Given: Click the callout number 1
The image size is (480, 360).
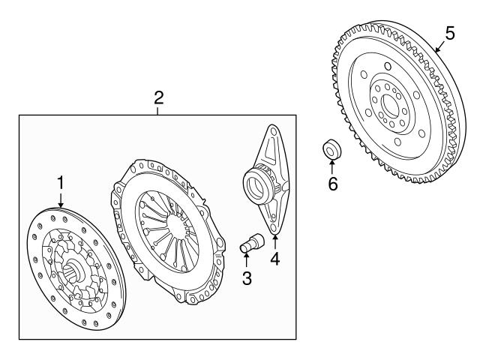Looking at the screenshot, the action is [x=61, y=183].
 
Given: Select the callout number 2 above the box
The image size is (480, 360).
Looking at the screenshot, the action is [x=158, y=98].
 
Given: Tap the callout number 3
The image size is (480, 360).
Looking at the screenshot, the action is [x=247, y=278].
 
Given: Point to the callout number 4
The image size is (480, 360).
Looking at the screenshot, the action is [x=275, y=259].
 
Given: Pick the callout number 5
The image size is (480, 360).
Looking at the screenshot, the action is [x=450, y=33].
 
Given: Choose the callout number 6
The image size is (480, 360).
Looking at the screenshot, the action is [x=333, y=184].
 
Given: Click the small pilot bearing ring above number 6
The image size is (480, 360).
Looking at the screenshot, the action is [x=332, y=150].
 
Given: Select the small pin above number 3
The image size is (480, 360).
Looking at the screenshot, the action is [x=252, y=243].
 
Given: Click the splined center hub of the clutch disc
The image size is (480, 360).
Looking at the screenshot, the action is [x=74, y=271].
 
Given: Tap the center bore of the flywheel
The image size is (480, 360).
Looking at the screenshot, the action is [x=390, y=106].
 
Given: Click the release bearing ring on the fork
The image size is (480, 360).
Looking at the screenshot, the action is [x=258, y=187].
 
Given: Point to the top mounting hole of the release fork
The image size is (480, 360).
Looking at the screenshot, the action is [x=274, y=132].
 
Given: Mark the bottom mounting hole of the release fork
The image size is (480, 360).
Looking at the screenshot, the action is [x=273, y=228].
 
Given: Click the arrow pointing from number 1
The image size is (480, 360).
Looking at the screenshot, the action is [x=61, y=200].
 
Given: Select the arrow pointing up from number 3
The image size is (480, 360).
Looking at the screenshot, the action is [x=247, y=260].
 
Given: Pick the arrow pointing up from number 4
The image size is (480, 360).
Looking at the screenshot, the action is [x=275, y=241].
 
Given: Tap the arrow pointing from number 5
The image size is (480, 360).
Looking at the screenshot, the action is [x=440, y=46].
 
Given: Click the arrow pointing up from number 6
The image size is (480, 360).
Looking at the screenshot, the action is [x=331, y=167].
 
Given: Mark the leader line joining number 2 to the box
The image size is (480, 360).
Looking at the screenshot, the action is [x=157, y=111].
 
